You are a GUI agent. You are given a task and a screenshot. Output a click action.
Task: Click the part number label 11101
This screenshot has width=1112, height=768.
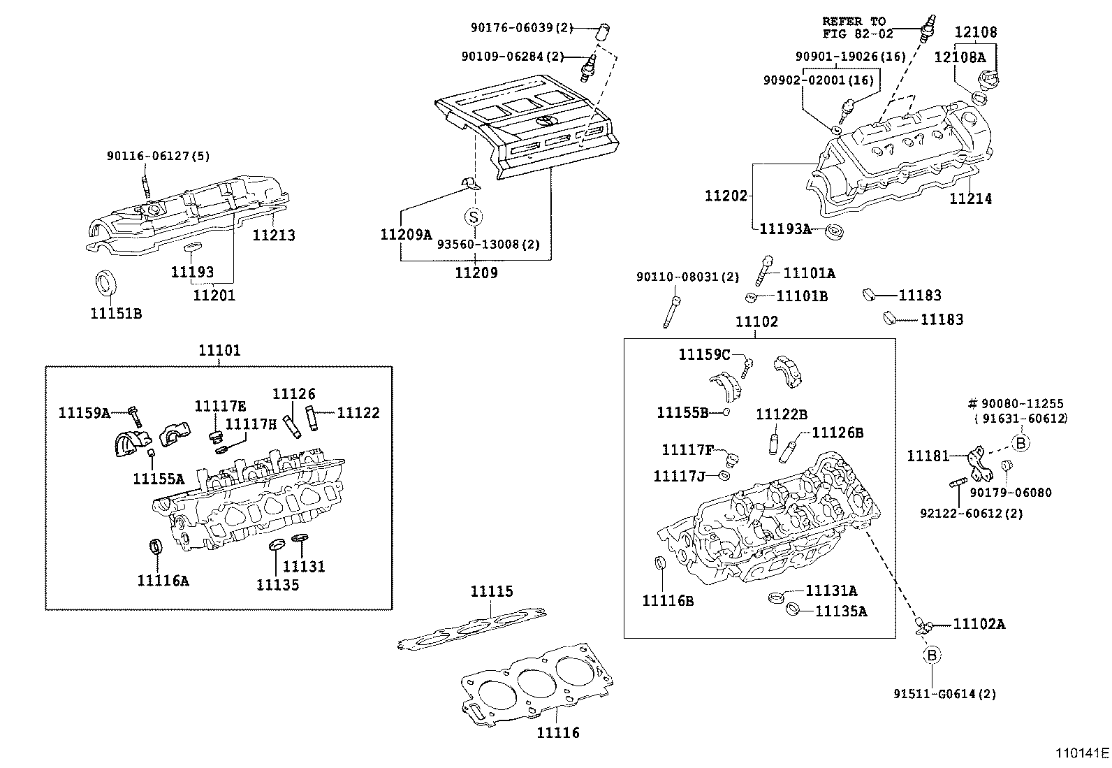[219, 350]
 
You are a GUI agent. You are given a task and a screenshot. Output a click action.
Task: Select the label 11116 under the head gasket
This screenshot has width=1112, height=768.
[558, 732]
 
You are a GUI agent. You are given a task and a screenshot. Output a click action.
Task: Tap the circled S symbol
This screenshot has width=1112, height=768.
[474, 216]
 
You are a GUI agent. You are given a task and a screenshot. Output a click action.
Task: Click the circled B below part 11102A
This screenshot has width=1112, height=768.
[932, 655]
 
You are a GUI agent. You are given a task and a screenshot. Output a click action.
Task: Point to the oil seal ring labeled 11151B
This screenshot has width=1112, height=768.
[106, 284]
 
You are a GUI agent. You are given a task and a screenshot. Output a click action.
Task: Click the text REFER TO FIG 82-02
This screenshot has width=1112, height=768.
[857, 27]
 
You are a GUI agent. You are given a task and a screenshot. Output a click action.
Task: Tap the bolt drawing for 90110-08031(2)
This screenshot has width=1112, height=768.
[673, 310]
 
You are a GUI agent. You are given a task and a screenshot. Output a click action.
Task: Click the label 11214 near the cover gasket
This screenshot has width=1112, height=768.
[970, 198]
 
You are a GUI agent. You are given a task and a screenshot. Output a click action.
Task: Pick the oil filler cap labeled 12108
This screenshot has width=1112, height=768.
[990, 78]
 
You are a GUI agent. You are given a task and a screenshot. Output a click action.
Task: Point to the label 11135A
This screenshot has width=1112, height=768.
[841, 611]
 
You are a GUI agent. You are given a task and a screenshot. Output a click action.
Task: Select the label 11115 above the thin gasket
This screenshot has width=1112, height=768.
[491, 592]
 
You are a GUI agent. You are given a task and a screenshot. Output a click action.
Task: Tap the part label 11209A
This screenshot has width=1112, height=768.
[406, 235]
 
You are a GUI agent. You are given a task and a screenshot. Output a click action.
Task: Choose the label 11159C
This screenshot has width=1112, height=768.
[704, 355]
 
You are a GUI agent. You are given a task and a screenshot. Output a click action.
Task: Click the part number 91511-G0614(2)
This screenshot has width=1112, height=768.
[944, 694]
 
